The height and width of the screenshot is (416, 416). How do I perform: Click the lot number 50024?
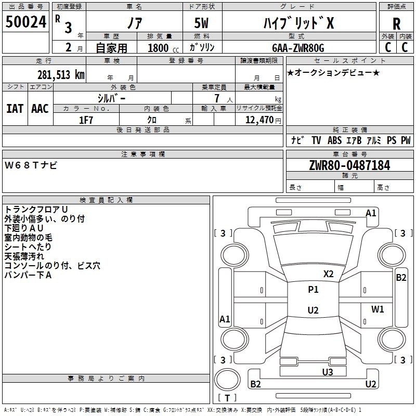26,22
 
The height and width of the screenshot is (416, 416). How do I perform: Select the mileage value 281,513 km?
61,75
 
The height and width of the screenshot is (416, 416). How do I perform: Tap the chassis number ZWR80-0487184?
349,165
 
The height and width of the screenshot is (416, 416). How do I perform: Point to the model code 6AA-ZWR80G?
298,48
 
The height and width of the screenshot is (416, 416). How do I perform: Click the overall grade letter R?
396,24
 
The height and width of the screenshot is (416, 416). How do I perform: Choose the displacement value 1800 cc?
163,48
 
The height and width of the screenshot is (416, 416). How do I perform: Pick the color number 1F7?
86,120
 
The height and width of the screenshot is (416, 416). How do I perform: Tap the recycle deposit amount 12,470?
259,120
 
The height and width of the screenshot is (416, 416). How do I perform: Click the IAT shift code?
15,109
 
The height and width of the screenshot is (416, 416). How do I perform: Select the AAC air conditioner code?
40,109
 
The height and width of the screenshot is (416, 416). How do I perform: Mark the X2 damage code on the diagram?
328,274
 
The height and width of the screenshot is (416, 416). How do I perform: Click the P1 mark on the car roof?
313,290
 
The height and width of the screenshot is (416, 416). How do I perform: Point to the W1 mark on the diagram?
378,309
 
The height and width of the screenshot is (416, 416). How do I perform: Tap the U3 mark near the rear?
328,372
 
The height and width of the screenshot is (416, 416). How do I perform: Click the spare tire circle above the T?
227,379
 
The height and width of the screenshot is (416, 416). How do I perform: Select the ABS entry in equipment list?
334,140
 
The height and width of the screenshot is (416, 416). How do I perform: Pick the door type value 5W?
201,23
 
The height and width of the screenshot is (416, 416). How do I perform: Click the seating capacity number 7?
217,98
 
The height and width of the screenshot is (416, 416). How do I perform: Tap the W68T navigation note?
31,165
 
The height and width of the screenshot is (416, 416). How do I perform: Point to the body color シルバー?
111,99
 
